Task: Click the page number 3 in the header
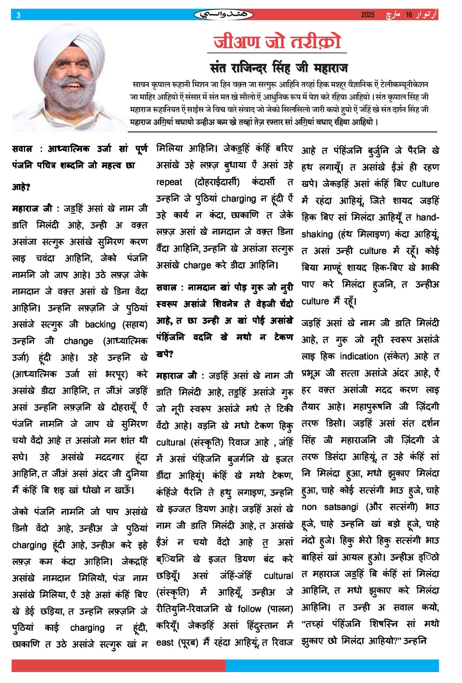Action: [18, 15]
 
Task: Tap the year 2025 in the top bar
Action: [368, 15]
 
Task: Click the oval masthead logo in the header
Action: [224, 15]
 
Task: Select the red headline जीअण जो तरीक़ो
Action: [277, 42]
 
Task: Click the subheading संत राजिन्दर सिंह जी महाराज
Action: [279, 68]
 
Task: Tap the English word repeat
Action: [169, 182]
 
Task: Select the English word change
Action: [78, 341]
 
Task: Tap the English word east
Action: [164, 642]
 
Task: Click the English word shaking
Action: [317, 234]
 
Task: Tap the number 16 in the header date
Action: [409, 15]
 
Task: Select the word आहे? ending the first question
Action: [21, 187]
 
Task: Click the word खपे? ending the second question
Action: [164, 354]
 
